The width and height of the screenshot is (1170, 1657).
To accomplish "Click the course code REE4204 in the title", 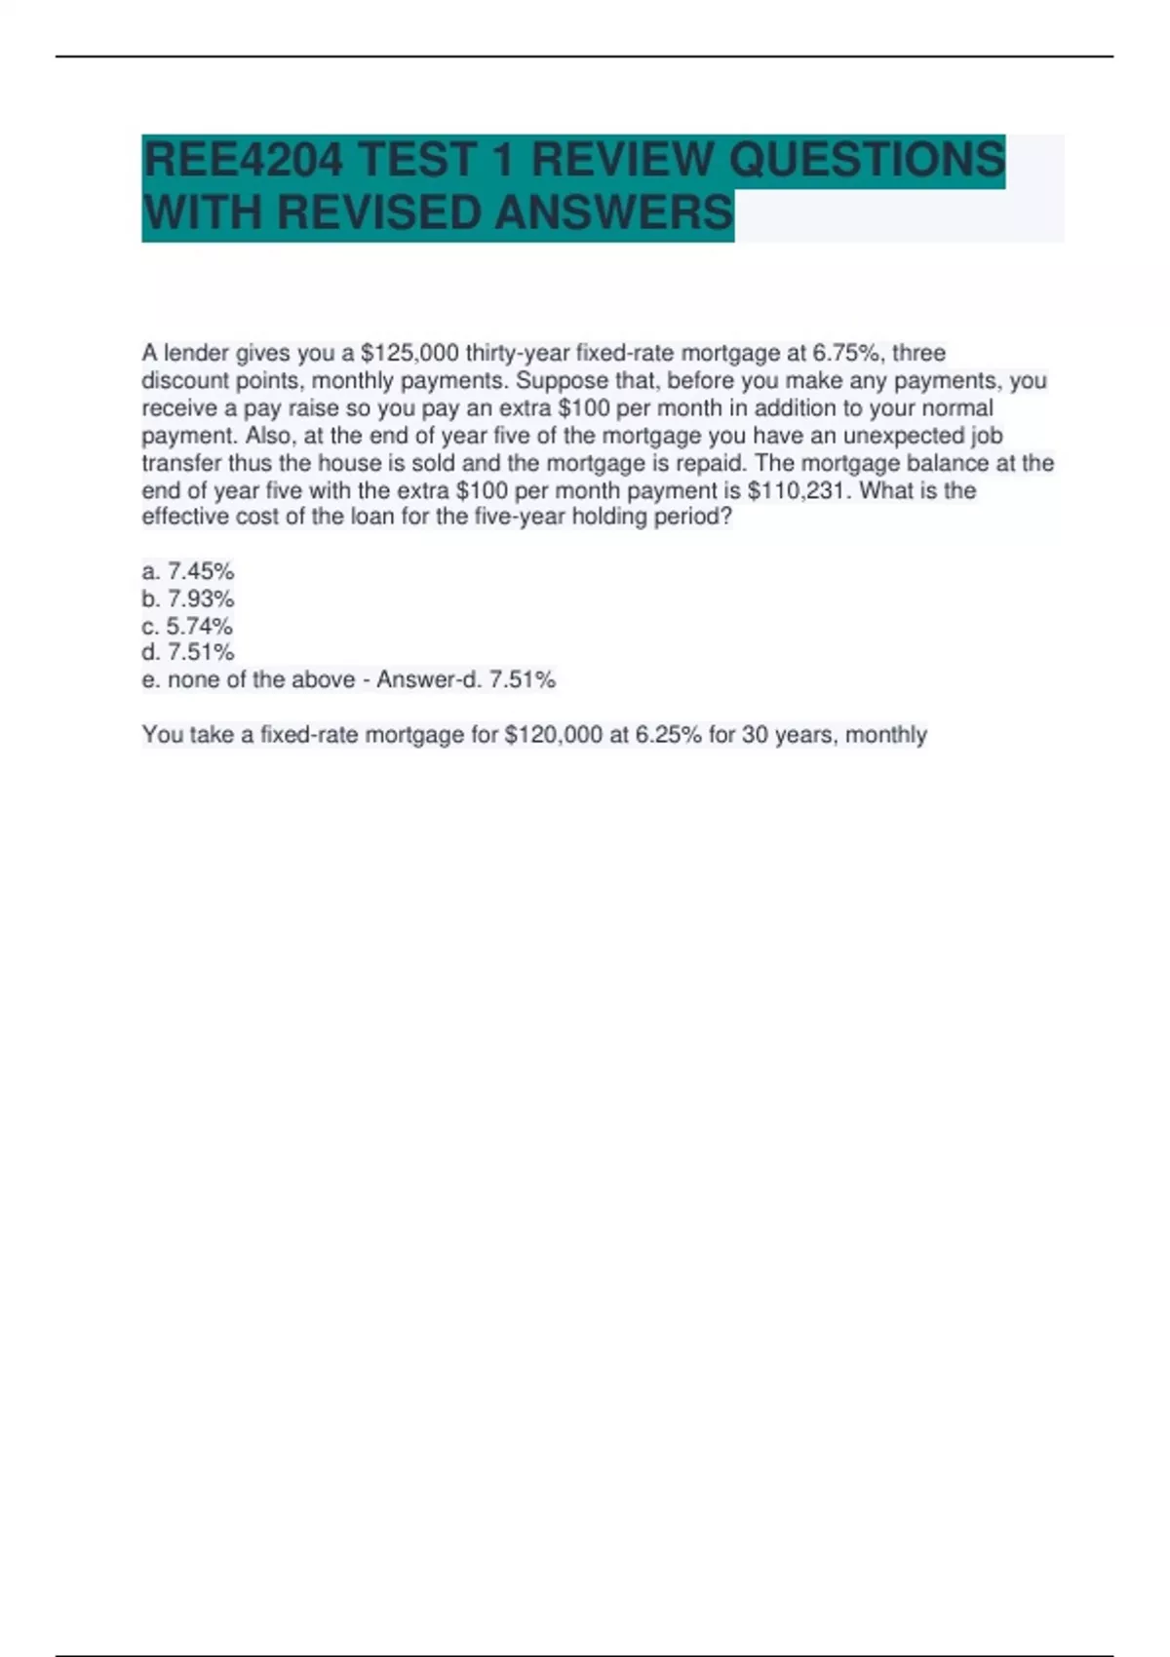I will pos(242,160).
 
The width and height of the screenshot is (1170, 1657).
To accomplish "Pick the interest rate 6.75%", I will pos(846,353).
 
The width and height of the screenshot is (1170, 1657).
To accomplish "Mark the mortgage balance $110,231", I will pos(798,490).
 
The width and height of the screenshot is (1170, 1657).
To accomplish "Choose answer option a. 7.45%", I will pos(188,571).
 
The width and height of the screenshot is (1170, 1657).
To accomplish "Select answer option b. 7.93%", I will pos(188,598).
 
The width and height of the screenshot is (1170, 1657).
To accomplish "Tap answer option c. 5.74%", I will pos(187,626).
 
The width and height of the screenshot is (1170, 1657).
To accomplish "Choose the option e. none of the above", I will pos(248,679).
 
